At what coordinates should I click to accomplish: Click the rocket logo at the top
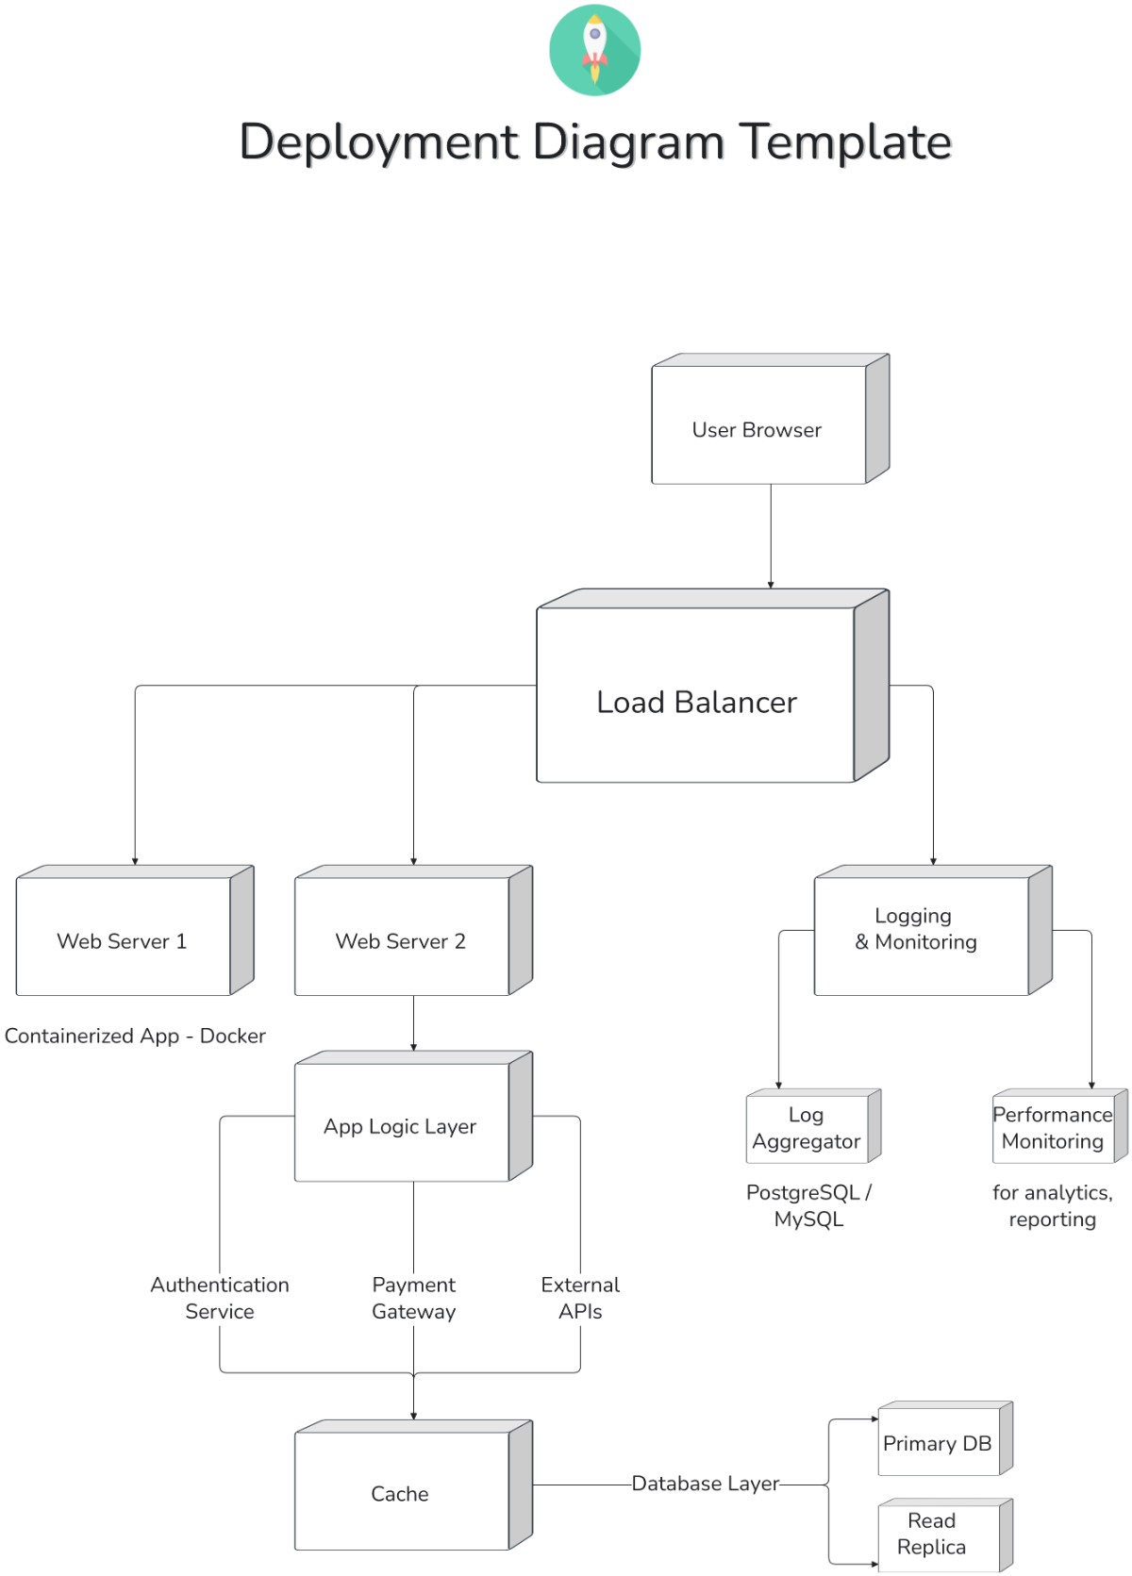595,50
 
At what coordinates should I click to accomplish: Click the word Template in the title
844,142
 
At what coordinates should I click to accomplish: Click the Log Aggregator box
807,1128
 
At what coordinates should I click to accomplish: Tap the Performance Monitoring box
1053,1128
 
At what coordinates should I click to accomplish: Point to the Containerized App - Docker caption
135,1036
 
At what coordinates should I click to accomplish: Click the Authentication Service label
220,1298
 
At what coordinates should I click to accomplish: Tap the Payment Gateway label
413,1298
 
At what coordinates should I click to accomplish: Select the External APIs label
580,1298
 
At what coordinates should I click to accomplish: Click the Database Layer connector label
706,1484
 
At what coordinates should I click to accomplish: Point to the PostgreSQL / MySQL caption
808,1205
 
